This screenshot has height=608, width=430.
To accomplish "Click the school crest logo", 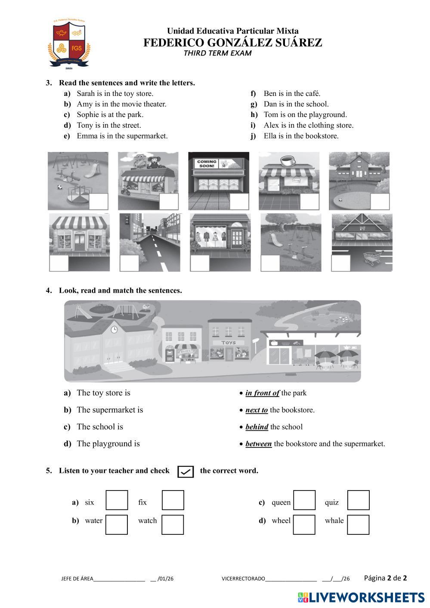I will point(69,43).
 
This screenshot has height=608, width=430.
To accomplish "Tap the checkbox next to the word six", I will point(117,500).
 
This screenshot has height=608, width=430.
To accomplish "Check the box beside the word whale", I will point(358,525).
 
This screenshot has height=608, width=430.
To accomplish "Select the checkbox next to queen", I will point(304,500).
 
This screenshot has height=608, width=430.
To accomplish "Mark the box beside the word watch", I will point(173,525).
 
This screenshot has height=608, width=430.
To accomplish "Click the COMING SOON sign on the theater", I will point(207,164).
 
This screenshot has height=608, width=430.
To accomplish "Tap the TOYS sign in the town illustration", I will point(228,343).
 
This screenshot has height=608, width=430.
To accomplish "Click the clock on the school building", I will point(114,330).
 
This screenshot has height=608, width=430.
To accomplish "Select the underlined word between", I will point(258,444).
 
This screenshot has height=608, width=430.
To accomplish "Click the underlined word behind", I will point(257,427).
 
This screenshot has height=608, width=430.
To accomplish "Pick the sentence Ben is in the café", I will point(292,93).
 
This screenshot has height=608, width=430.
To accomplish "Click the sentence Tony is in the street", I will point(108,125).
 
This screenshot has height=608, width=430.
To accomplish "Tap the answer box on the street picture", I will point(129,263).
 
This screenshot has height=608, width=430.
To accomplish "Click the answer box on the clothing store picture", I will point(200,263).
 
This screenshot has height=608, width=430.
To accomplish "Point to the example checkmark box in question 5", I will point(186,472).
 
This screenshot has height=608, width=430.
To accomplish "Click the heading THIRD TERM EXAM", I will point(217,53).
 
